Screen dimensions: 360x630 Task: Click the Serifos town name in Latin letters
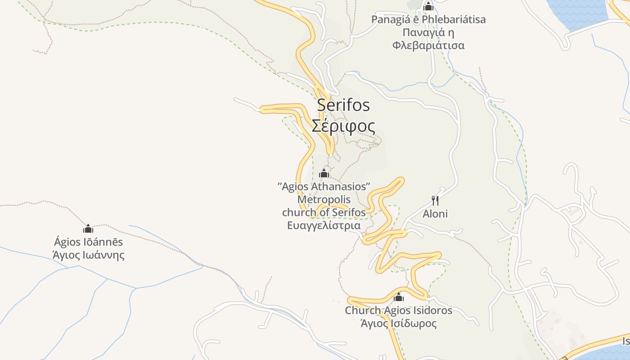pyautogui.click(x=343, y=105)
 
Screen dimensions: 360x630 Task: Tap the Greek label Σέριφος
pyautogui.click(x=343, y=126)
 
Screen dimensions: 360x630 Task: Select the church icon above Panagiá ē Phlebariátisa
pyautogui.click(x=428, y=6)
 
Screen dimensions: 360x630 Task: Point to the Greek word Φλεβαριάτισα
pyautogui.click(x=428, y=45)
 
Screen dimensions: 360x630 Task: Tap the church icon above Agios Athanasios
pyautogui.click(x=324, y=173)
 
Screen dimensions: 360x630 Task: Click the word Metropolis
pyautogui.click(x=324, y=199)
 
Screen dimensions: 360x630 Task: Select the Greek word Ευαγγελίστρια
pyautogui.click(x=324, y=225)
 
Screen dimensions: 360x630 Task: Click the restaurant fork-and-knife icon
pyautogui.click(x=435, y=200)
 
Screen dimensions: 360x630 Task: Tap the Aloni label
pyautogui.click(x=435, y=214)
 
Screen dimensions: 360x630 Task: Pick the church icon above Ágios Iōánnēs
pyautogui.click(x=88, y=229)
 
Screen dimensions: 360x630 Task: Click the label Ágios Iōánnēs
pyautogui.click(x=88, y=242)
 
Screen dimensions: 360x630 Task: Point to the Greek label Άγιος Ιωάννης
pyautogui.click(x=88, y=256)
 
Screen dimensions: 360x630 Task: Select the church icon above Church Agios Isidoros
pyautogui.click(x=398, y=297)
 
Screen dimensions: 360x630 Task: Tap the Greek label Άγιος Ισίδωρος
pyautogui.click(x=398, y=324)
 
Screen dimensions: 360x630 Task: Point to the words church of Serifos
pyautogui.click(x=324, y=212)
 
